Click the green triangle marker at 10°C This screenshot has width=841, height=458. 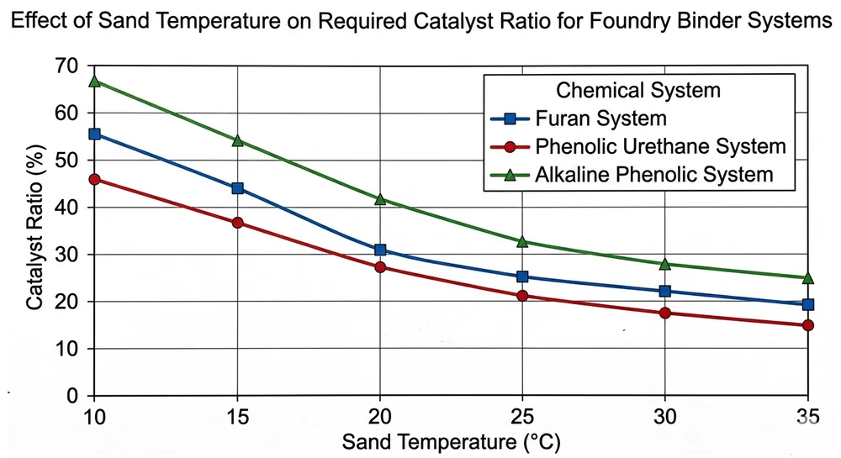(94, 82)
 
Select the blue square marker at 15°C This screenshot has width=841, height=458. (237, 188)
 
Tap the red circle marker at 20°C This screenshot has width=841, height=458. (380, 267)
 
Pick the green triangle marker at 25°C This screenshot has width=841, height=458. (522, 241)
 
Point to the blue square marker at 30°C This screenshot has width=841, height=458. (665, 291)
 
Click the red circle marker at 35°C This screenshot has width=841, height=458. (808, 325)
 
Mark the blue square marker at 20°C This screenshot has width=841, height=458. (380, 250)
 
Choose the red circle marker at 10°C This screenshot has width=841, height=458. (94, 179)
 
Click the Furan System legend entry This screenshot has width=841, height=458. (600, 118)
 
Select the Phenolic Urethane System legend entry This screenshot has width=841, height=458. (659, 146)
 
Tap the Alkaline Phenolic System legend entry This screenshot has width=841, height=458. (653, 175)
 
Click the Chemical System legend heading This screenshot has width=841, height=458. (638, 90)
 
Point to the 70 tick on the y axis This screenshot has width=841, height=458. (67, 66)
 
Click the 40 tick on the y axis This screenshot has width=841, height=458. (67, 208)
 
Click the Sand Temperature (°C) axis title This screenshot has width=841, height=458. (450, 441)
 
